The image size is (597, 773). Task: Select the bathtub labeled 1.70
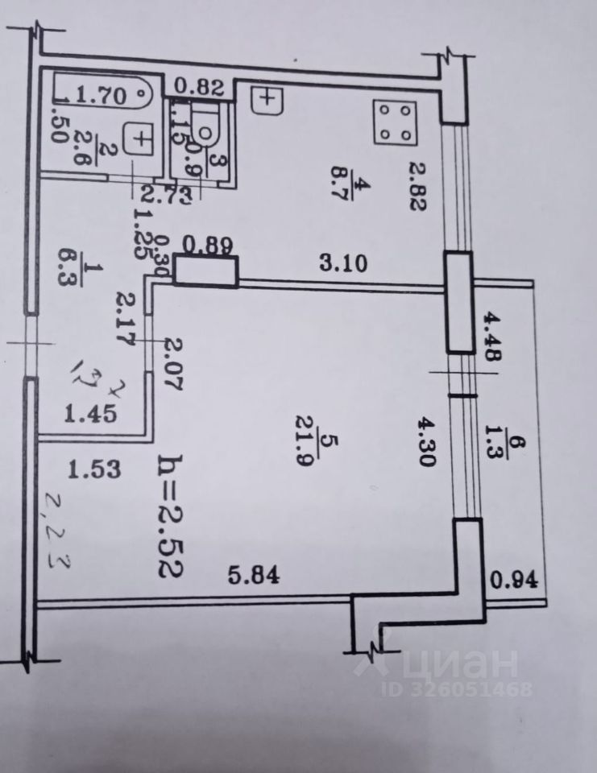tap(102, 94)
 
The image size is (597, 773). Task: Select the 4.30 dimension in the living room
tap(426, 442)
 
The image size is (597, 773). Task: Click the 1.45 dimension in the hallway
tap(90, 415)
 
